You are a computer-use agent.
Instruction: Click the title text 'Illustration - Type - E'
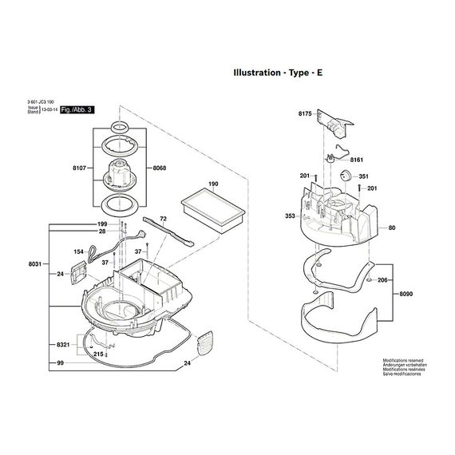tap(278, 72)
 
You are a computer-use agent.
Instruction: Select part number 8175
tap(305, 115)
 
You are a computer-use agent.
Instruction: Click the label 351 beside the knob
tap(363, 176)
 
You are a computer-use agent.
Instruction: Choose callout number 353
tap(291, 216)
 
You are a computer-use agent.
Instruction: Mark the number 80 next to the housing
tap(392, 228)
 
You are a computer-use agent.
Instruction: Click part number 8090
tap(406, 293)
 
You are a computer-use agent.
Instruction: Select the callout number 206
tap(382, 281)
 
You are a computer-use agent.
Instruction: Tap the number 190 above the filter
tap(212, 184)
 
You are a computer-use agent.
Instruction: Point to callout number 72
tap(163, 218)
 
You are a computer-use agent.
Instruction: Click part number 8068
tap(159, 168)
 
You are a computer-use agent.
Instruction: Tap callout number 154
tap(79, 251)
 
